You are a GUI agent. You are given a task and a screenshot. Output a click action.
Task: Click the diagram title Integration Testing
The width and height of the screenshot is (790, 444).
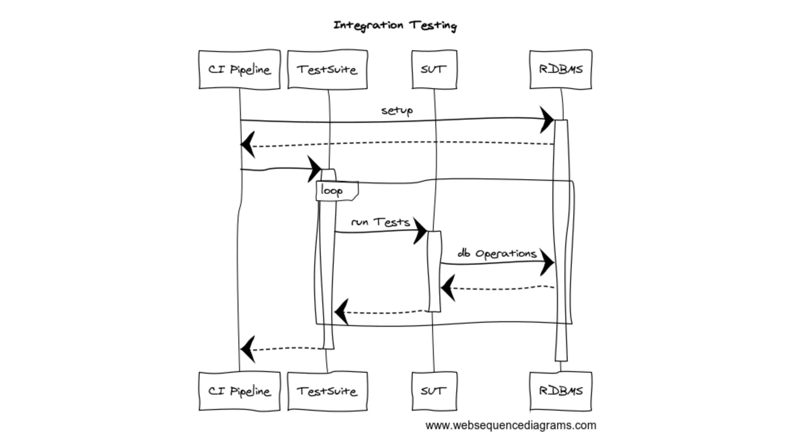[x=395, y=25]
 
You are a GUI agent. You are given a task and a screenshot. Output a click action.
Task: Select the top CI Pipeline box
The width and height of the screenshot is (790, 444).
[x=240, y=70]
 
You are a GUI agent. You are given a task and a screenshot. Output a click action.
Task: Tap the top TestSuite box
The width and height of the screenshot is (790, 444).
[x=327, y=70]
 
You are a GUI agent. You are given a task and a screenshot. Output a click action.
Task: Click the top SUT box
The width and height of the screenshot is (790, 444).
[x=434, y=70]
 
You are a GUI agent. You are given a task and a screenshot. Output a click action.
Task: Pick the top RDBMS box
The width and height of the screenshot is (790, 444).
[x=560, y=70]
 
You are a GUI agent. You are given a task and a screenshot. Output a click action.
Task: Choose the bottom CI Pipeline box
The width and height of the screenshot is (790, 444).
[x=240, y=391]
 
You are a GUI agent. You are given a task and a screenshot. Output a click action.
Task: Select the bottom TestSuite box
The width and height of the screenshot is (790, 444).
[x=327, y=391]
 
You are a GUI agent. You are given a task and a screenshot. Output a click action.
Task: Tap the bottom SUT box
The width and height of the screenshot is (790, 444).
[x=434, y=391]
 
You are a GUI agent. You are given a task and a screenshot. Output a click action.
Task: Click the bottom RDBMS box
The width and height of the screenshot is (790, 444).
[x=560, y=391]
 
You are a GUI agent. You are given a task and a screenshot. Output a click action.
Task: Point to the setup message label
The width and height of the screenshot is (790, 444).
[x=397, y=111]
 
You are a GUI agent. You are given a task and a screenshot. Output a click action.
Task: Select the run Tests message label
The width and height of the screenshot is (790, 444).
[x=380, y=222]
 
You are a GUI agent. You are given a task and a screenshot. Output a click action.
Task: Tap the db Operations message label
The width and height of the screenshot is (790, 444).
[x=497, y=254]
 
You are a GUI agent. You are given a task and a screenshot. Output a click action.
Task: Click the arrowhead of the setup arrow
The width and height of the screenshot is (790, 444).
[x=548, y=120]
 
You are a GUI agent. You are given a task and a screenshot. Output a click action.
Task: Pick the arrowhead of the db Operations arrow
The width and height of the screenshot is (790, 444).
[x=548, y=263]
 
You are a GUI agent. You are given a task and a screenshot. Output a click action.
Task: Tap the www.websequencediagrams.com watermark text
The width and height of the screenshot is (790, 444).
[x=511, y=425]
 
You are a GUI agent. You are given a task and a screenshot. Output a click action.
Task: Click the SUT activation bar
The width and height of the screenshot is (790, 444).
[x=434, y=272]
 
